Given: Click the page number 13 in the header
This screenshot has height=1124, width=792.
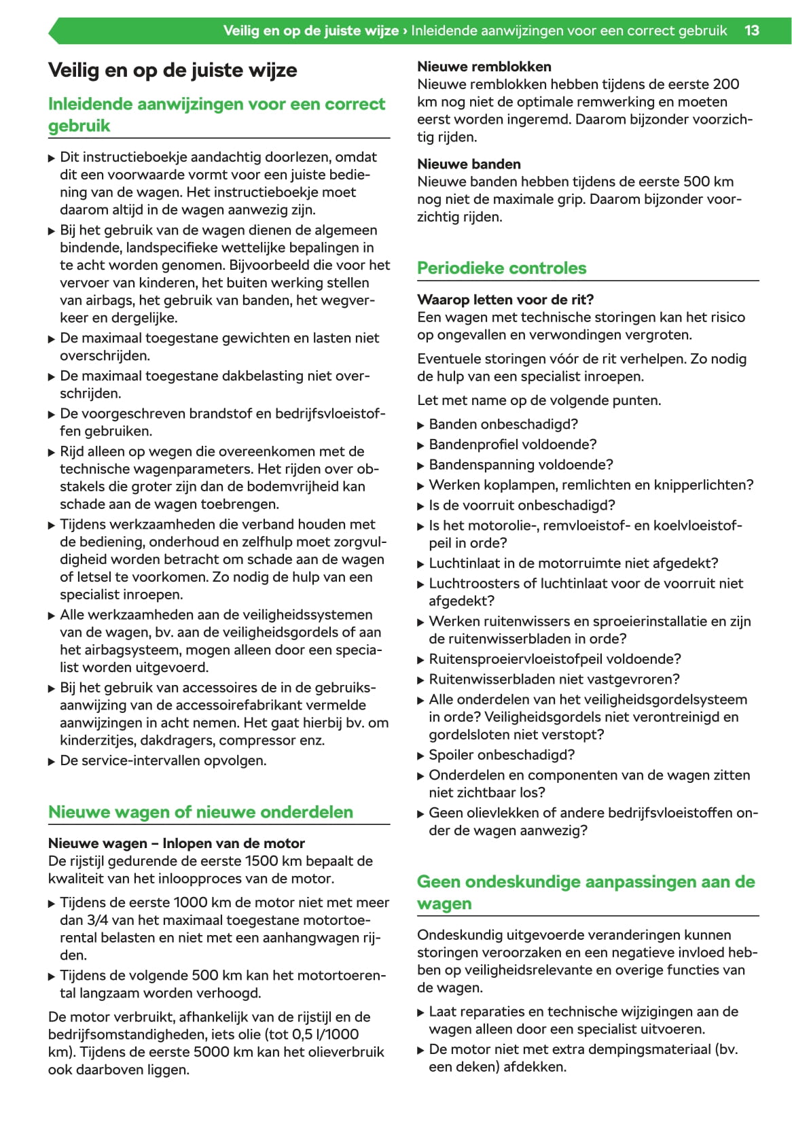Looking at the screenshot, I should [751, 31].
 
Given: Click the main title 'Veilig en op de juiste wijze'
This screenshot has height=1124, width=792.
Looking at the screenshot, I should [173, 70].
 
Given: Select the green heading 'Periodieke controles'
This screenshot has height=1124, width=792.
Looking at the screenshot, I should [501, 268].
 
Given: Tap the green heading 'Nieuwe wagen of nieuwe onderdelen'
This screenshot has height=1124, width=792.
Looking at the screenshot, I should [200, 812].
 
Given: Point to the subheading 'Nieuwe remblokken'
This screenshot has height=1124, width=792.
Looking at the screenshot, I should [484, 67].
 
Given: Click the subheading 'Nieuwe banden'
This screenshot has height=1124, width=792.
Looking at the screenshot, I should [469, 164].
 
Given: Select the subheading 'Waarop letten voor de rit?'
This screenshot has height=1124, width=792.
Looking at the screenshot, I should [505, 300].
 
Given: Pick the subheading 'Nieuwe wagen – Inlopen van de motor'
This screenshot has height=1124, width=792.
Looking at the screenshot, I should [177, 843].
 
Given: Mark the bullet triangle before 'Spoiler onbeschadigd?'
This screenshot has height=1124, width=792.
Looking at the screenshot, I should [421, 756].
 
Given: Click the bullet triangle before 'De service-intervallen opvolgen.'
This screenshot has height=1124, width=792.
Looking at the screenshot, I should [52, 762].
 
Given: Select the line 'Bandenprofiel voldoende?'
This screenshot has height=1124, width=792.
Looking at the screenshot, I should [512, 444].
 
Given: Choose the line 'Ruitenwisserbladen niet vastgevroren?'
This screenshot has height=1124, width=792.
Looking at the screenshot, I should [554, 679].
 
